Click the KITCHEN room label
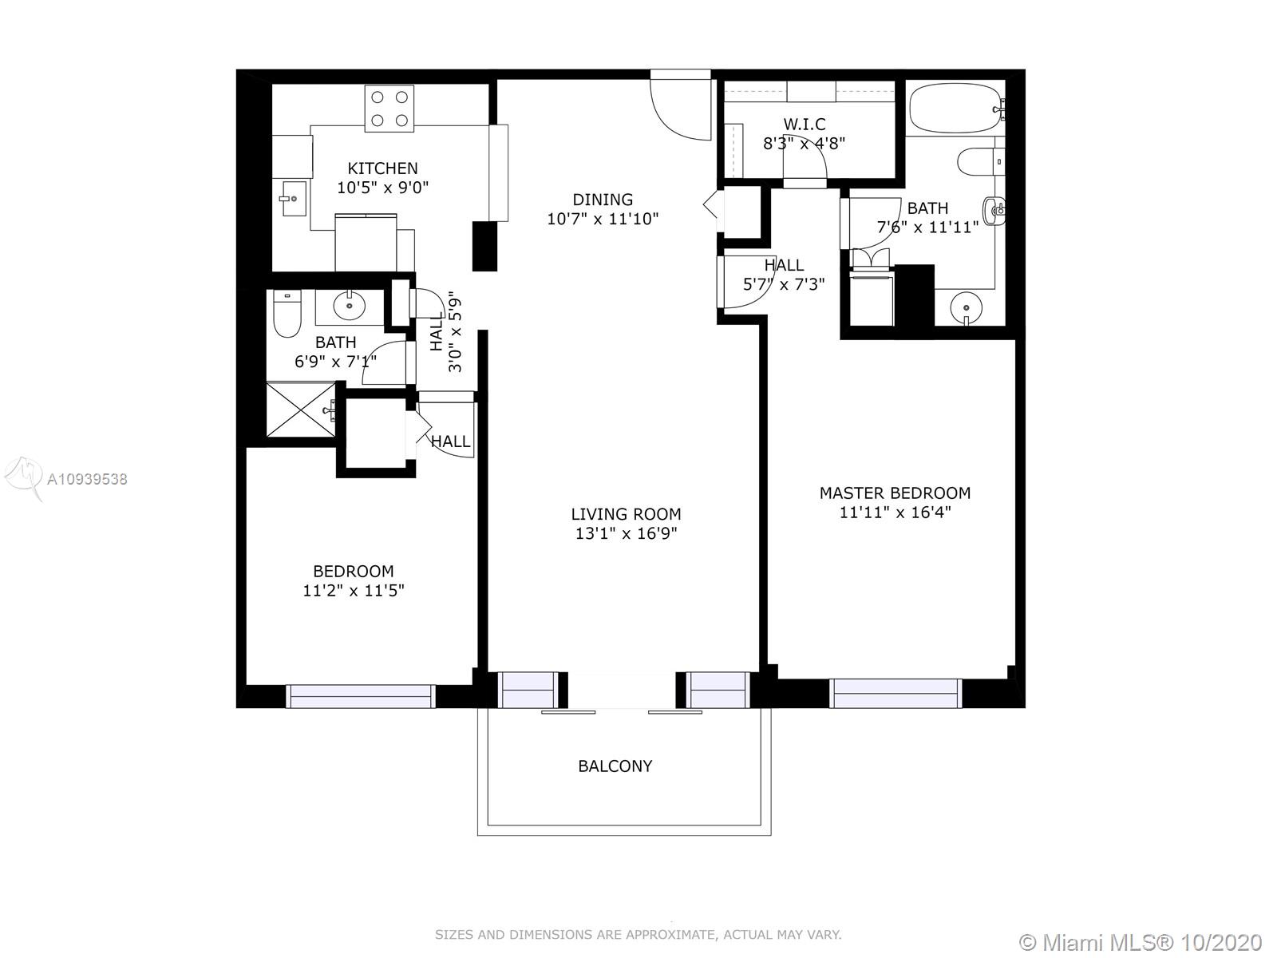click(x=382, y=168)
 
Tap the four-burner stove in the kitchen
click(x=389, y=109)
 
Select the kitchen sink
click(x=295, y=198)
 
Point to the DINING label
click(x=603, y=200)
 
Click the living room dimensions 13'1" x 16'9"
click(x=626, y=533)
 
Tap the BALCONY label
click(x=615, y=766)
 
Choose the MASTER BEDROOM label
click(x=895, y=493)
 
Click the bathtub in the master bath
click(x=956, y=109)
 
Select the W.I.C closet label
click(x=804, y=124)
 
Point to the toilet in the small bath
click(x=287, y=314)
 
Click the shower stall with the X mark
click(x=301, y=409)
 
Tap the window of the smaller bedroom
click(x=361, y=696)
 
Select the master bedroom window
click(x=895, y=693)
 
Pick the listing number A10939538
click(x=87, y=479)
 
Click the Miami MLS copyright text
click(x=1141, y=942)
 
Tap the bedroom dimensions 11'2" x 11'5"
click(x=353, y=591)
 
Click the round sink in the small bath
click(x=349, y=305)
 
